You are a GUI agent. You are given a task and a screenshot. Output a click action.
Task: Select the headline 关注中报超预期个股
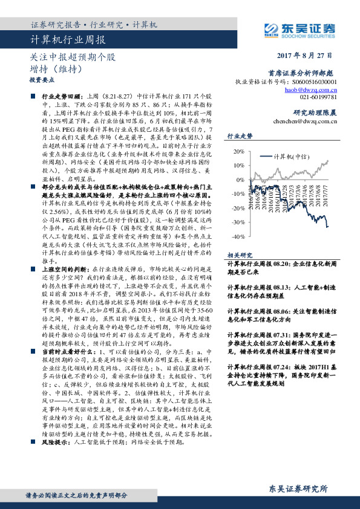coord(72,58)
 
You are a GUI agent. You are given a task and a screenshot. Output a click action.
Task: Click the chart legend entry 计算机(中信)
coord(291,155)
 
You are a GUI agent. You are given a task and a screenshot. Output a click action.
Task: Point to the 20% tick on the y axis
coord(238,151)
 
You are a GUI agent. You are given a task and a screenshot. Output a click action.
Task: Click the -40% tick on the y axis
coord(237,238)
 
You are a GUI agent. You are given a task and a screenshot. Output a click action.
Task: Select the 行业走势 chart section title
coord(239,137)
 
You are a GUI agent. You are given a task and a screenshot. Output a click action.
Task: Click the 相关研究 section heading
coord(239,256)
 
